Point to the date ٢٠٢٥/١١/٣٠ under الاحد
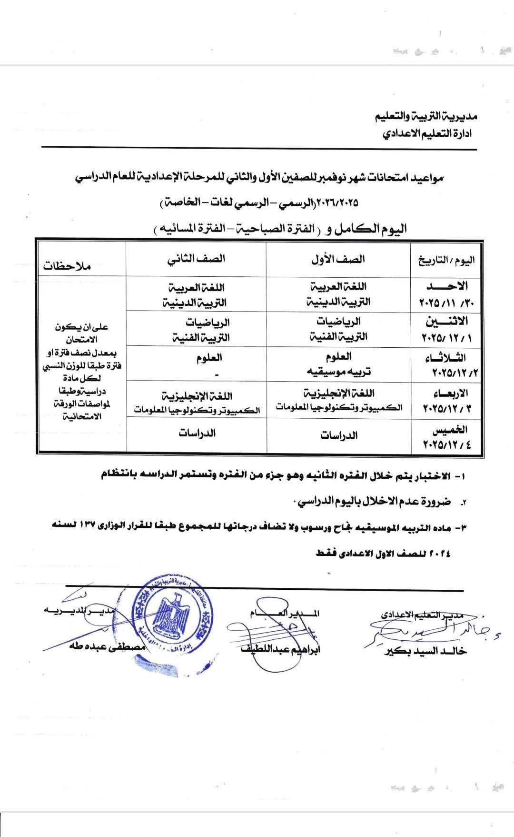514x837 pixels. [x=445, y=303]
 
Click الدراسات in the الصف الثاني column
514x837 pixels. [x=197, y=433]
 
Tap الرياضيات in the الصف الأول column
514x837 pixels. [x=338, y=322]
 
